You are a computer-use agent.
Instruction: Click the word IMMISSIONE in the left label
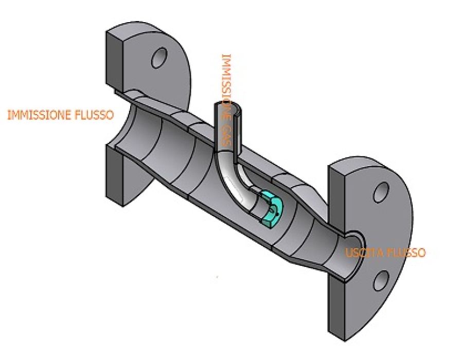[x=39, y=115]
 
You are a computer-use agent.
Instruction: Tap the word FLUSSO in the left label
[x=95, y=115]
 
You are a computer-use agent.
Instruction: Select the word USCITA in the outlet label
[x=364, y=253]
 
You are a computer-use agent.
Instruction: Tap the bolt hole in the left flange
[x=159, y=58]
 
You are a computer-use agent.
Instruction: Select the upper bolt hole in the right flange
[x=381, y=192]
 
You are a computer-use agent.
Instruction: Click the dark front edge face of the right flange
[x=336, y=253]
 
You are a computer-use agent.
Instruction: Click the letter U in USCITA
[x=349, y=253]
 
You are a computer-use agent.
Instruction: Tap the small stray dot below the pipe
[x=217, y=277]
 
